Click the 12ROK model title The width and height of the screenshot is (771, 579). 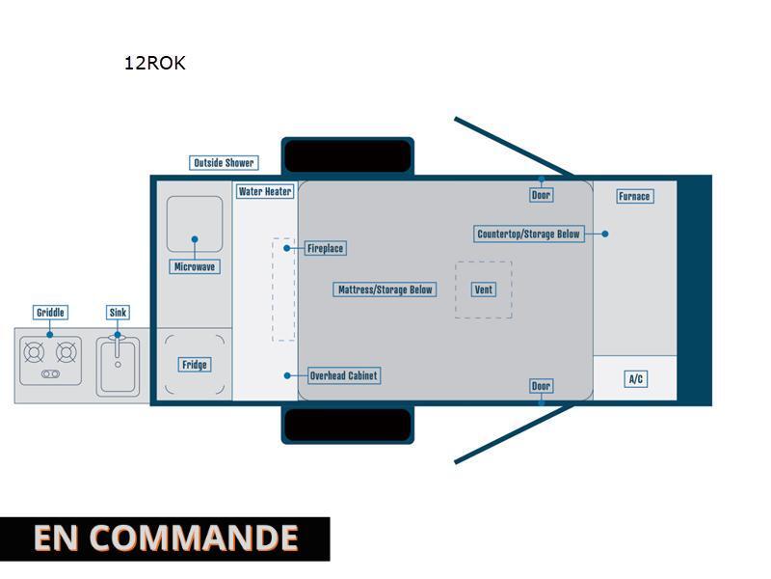(x=154, y=63)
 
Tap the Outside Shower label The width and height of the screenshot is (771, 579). (x=224, y=162)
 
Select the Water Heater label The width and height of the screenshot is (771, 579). (x=265, y=191)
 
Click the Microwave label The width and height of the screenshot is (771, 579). (x=195, y=267)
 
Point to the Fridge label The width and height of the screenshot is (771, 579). (x=195, y=365)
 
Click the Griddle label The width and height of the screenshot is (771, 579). (x=50, y=312)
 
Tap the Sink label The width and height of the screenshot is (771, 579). (x=118, y=312)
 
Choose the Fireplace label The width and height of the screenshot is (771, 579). (x=325, y=248)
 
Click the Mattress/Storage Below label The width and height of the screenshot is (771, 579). (x=385, y=289)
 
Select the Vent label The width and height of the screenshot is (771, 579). (x=484, y=289)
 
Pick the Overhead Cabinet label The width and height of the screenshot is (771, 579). (x=344, y=375)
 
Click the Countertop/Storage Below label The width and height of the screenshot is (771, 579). (x=528, y=234)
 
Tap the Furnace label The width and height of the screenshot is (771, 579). (x=634, y=196)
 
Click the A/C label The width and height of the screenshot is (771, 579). (x=636, y=378)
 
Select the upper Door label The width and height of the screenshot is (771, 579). (x=541, y=195)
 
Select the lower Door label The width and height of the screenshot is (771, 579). (x=541, y=385)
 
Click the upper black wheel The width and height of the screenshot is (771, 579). (x=348, y=156)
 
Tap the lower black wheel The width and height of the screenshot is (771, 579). (x=348, y=425)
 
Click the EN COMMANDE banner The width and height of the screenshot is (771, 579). (x=165, y=538)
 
